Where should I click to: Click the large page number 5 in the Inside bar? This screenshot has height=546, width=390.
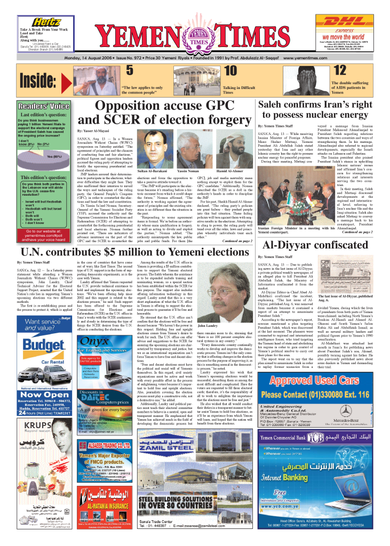click(x=129, y=71)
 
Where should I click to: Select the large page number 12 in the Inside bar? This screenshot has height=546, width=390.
click(x=339, y=71)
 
